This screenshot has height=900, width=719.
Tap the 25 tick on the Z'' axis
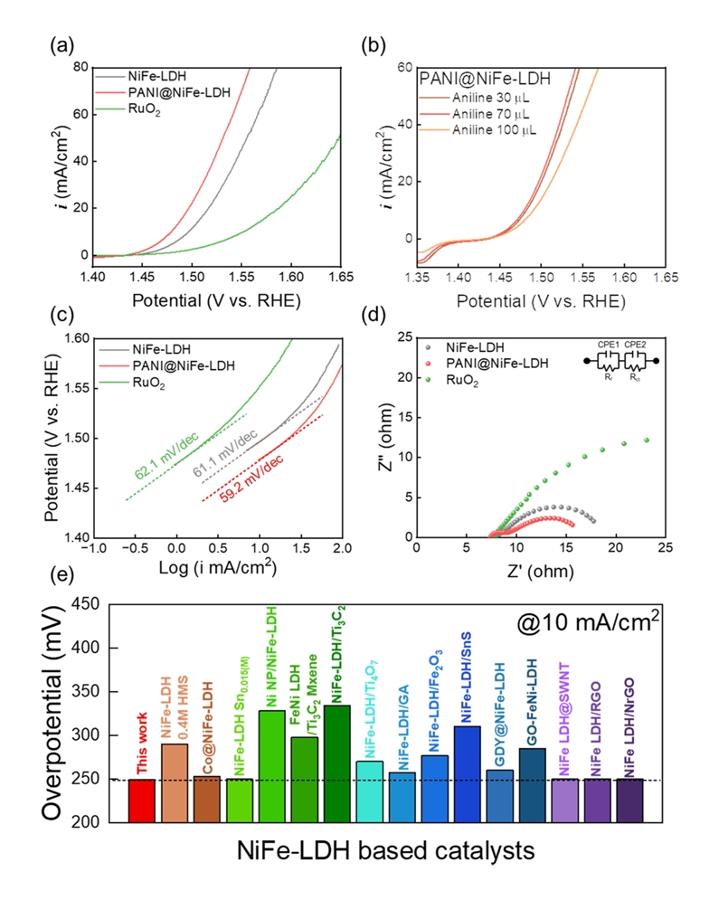404,337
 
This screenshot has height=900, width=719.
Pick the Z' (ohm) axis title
540,570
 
